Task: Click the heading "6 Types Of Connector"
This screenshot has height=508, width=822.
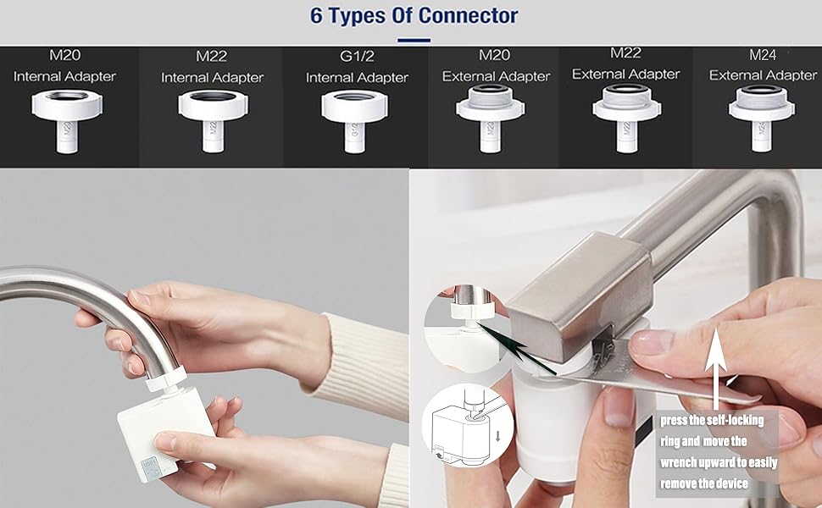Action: (414, 15)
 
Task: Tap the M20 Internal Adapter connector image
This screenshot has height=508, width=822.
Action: (65, 118)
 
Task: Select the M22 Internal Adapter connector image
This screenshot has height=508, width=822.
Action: (212, 119)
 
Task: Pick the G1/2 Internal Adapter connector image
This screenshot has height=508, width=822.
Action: (355, 119)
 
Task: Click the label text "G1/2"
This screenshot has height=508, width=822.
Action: (356, 57)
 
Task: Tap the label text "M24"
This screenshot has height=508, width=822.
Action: (763, 55)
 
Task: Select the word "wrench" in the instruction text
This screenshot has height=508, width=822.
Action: (686, 463)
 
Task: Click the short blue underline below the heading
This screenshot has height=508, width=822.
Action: (413, 40)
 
